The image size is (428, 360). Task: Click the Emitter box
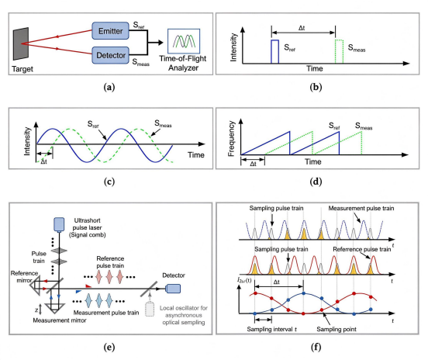111,30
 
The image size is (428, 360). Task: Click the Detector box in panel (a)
111,55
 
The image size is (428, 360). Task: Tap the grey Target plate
21,43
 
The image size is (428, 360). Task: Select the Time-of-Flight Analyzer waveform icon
184,41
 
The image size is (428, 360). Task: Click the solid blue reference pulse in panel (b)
275,52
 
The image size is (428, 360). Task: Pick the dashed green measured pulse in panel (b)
339,52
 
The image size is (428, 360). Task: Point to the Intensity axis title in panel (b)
233,47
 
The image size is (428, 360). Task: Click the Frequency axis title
231,138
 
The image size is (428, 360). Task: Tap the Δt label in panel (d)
253,164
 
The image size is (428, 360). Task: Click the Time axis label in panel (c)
196,155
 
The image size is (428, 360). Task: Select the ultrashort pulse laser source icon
59,224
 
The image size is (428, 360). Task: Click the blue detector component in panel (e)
173,289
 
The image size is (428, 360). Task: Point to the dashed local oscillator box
150,310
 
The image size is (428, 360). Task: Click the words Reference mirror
24,277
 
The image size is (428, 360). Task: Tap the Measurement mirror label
60,320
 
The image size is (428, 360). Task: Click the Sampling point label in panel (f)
337,329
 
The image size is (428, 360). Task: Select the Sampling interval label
272,329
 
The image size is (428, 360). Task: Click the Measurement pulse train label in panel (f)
361,208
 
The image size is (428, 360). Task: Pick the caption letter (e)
109,347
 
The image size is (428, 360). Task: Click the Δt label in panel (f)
277,282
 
